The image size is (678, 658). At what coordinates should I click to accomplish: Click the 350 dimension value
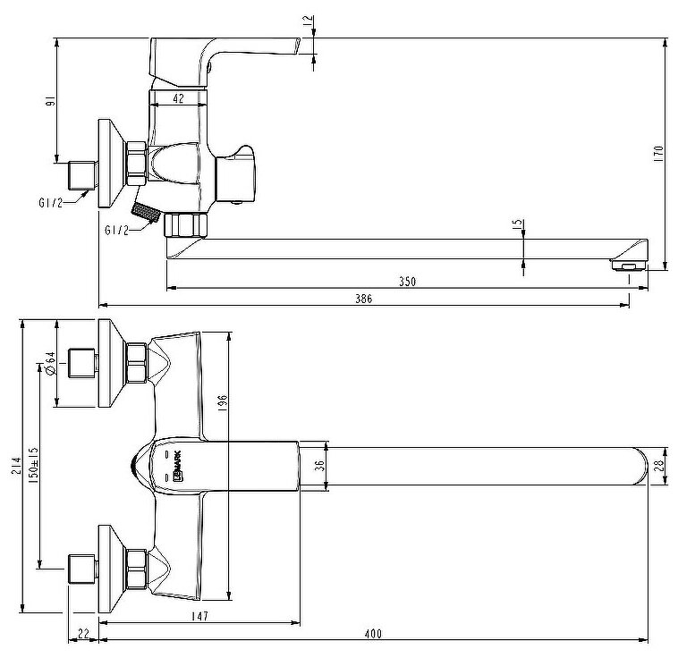(x=407, y=281)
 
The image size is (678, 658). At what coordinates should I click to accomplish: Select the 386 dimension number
(x=363, y=299)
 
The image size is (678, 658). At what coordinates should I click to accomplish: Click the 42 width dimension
(x=178, y=99)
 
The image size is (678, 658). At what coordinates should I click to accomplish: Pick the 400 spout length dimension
(x=373, y=634)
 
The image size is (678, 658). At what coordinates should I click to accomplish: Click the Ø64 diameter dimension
(x=50, y=362)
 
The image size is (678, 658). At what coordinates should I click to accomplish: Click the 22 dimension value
(x=83, y=634)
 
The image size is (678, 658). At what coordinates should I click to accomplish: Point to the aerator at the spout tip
(x=627, y=264)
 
